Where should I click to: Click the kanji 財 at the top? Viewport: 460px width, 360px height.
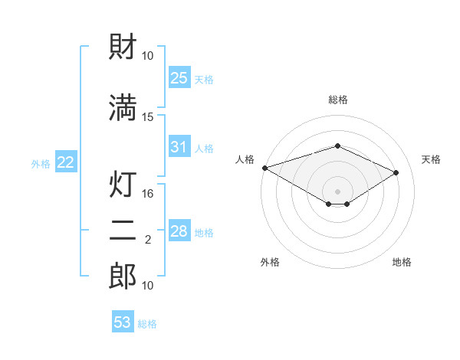click(x=123, y=46)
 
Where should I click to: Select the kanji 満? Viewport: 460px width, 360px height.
click(x=123, y=107)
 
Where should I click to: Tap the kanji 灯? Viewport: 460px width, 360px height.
click(x=123, y=184)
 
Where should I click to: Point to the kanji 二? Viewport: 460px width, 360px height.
click(x=123, y=230)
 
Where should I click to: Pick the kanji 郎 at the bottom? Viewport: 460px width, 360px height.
click(x=123, y=277)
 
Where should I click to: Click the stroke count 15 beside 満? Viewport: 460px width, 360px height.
click(x=147, y=117)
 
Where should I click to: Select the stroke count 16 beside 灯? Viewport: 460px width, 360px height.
click(x=147, y=194)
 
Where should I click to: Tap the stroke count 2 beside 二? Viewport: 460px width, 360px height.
click(x=148, y=240)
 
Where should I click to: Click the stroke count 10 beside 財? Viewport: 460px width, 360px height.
click(x=147, y=56)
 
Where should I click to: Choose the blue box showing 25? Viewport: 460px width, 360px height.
click(x=179, y=77)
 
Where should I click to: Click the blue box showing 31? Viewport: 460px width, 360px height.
click(x=179, y=146)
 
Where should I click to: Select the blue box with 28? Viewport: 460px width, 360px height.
click(x=179, y=230)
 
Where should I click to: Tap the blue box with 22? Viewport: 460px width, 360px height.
click(x=66, y=162)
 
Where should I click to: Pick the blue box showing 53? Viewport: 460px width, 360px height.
click(x=123, y=321)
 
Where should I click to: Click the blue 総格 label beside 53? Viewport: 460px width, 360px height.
click(x=147, y=324)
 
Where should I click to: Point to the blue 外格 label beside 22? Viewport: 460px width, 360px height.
click(x=41, y=164)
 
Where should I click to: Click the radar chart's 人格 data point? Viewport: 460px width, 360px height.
click(x=265, y=168)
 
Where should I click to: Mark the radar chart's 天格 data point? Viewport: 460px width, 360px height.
click(x=396, y=172)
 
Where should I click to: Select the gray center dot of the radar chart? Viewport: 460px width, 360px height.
click(x=337, y=191)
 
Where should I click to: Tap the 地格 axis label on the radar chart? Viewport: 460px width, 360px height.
click(x=402, y=262)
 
